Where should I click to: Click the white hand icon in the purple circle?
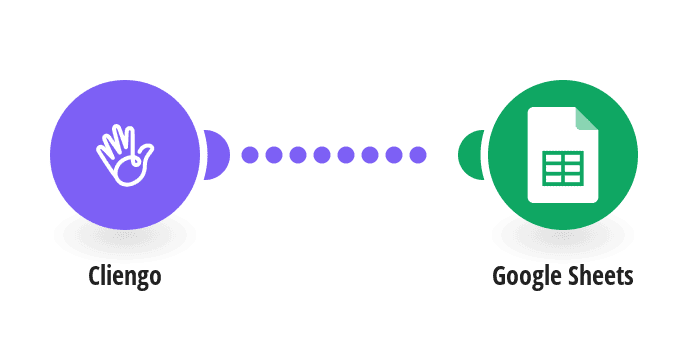(x=125, y=155)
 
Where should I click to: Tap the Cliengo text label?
(x=125, y=276)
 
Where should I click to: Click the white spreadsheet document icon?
(x=563, y=155)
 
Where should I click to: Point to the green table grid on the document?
(x=563, y=168)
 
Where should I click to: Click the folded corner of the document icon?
(x=587, y=119)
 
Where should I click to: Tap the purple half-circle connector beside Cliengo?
(x=217, y=155)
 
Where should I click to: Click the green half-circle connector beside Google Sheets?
(x=471, y=155)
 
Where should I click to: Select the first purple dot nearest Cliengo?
(x=250, y=155)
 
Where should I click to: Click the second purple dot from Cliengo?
(x=274, y=155)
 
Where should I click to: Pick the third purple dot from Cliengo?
(x=298, y=155)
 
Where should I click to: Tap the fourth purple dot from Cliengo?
(x=322, y=155)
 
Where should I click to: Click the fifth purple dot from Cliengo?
(x=346, y=155)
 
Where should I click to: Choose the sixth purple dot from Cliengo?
(x=370, y=155)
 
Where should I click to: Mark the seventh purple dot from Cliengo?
(x=394, y=155)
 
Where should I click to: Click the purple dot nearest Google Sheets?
(x=418, y=155)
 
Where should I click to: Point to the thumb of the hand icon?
(x=145, y=154)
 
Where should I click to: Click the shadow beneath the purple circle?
(x=125, y=239)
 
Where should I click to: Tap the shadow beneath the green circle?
(x=563, y=239)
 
